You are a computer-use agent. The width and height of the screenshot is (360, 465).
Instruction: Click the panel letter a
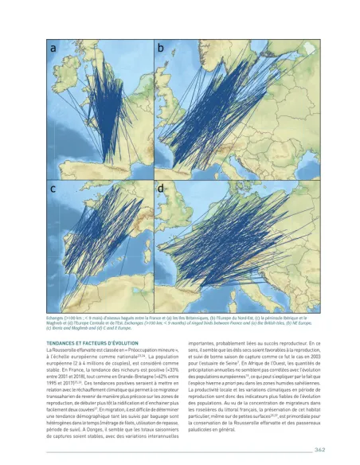pos(54,49)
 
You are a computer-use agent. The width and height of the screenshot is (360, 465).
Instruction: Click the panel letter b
pos(160,49)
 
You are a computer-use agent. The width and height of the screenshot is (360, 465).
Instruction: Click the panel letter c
pos(54,190)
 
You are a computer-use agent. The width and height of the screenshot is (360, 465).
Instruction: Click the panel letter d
pos(160,190)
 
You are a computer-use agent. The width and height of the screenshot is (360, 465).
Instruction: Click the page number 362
pos(319,449)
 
